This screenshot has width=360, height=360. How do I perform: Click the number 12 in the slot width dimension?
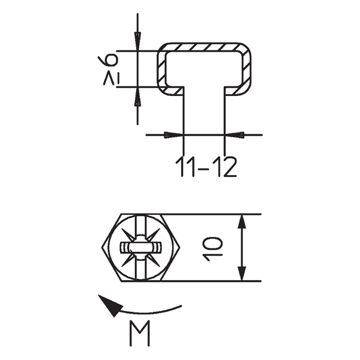click(x=224, y=167)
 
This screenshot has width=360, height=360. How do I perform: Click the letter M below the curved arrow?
click(x=139, y=334)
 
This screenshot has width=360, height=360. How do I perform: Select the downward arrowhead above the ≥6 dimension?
click(x=137, y=43)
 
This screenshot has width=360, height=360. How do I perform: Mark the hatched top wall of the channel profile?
click(x=204, y=47)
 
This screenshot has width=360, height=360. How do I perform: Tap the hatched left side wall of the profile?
click(x=161, y=69)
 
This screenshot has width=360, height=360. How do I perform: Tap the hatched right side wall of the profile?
click(x=247, y=69)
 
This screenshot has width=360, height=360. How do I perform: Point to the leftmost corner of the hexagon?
click(x=99, y=248)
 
